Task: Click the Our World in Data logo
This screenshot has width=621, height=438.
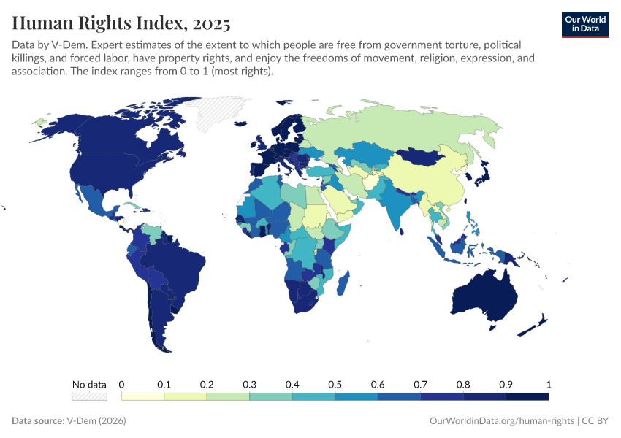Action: click(x=584, y=24)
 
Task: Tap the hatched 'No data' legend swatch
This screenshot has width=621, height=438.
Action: click(x=89, y=396)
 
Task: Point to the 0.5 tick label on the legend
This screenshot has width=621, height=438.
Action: click(x=335, y=384)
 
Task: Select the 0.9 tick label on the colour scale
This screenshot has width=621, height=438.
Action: click(x=506, y=384)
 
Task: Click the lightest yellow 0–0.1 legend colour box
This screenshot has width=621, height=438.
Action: click(x=142, y=396)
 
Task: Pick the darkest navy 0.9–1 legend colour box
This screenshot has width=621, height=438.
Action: click(x=527, y=396)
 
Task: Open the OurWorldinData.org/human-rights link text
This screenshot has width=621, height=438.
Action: click(x=500, y=421)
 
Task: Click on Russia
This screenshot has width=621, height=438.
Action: click(x=409, y=128)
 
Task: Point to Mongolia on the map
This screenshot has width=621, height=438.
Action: click(x=424, y=156)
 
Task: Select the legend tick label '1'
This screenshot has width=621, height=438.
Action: click(x=548, y=384)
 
